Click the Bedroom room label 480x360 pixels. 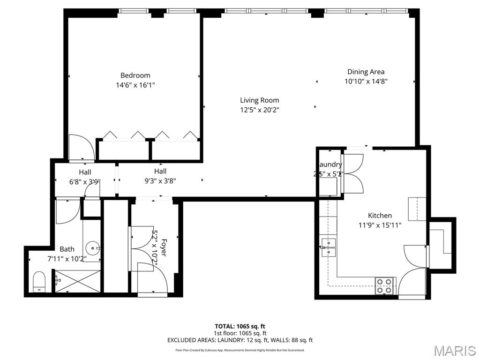[x=135, y=75]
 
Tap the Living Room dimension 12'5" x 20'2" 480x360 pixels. [x=259, y=110]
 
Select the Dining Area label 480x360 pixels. [x=366, y=72]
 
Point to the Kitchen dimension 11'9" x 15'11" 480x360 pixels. [x=380, y=225]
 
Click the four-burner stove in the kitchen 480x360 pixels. [x=385, y=285]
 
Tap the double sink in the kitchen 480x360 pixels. [x=329, y=247]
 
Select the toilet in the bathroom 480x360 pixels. [x=38, y=281]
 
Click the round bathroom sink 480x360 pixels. [x=93, y=247]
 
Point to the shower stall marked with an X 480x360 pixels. [x=78, y=281]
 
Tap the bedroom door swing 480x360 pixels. [x=81, y=148]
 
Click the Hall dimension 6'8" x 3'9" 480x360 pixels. [x=85, y=182]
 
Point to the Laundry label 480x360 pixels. [x=330, y=165]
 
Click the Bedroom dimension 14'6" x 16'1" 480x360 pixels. [x=135, y=85]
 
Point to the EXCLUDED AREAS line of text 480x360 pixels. [x=240, y=340]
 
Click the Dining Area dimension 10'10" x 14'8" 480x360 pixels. [x=366, y=81]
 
